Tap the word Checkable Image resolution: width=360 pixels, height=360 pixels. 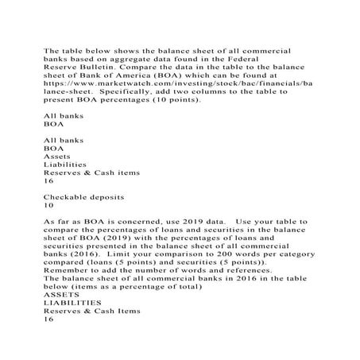point(68,195)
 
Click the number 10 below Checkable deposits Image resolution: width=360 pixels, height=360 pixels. point(48,203)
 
